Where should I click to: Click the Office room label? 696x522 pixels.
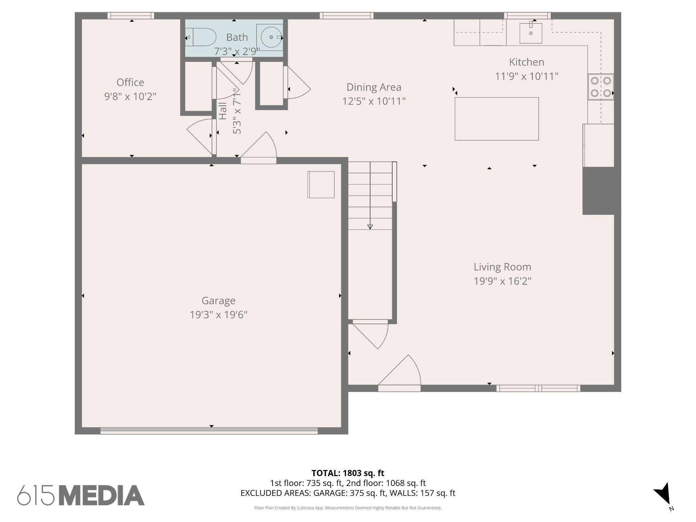tap(130, 82)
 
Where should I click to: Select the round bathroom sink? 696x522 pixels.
tap(271, 37)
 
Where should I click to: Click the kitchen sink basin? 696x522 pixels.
tap(530, 33)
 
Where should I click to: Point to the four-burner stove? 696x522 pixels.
tap(601, 87)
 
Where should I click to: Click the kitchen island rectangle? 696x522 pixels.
tap(497, 119)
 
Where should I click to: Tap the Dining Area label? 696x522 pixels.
tap(374, 87)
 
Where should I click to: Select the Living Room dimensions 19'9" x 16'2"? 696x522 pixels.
tap(502, 281)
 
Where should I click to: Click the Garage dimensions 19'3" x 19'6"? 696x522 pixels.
tap(218, 315)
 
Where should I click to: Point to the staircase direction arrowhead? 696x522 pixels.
tap(370, 227)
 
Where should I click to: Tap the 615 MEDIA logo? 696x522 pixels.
tap(81, 495)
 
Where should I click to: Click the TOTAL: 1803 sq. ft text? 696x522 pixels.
tap(348, 473)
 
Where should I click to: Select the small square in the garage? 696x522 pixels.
tap(321, 185)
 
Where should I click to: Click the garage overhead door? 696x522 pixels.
tap(209, 431)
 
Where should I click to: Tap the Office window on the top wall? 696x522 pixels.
tap(131, 16)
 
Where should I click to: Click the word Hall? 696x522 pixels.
tap(223, 111)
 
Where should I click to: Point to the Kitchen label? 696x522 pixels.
tap(526, 62)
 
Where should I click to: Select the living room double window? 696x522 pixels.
tap(538, 388)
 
